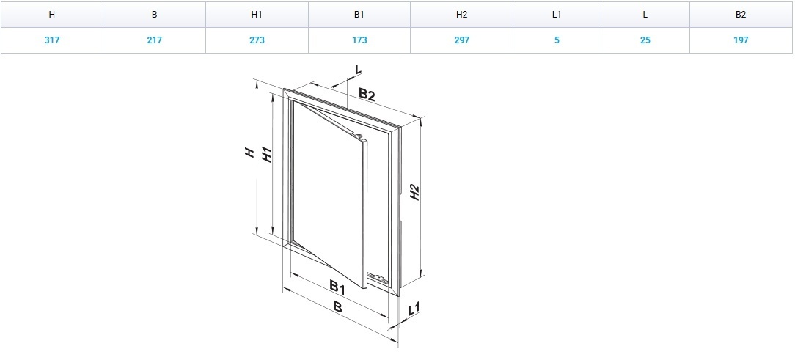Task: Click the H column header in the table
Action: point(52,15)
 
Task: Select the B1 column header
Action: point(359,15)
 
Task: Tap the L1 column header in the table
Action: point(557,15)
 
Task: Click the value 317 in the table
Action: point(52,40)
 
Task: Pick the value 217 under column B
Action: point(154,40)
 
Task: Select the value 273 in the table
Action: point(257,40)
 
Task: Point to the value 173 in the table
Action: point(359,40)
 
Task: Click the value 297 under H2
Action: point(461,40)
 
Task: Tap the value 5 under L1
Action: point(557,40)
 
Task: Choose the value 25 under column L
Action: point(645,40)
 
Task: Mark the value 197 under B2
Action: point(741,40)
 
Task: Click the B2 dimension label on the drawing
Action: point(367,95)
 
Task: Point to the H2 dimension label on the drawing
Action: point(415,192)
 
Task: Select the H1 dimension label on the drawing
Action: point(267,155)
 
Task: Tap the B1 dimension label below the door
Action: point(337,288)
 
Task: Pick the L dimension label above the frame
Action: point(359,70)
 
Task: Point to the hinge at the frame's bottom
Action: point(377,276)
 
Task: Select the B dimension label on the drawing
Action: point(337,306)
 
